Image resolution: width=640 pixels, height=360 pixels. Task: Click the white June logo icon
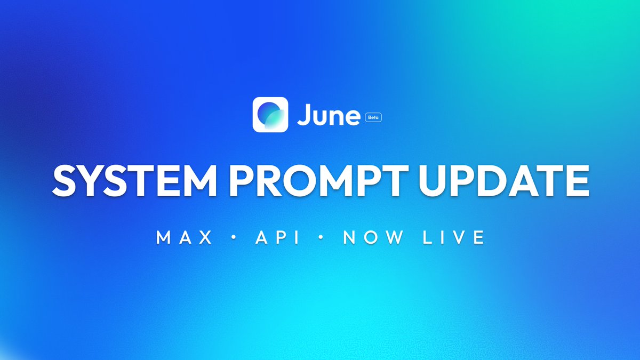click(x=270, y=114)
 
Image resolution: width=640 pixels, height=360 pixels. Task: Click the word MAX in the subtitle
click(x=185, y=238)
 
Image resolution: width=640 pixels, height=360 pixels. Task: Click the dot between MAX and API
click(x=233, y=238)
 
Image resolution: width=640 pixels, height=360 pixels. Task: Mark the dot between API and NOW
click(x=320, y=238)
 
